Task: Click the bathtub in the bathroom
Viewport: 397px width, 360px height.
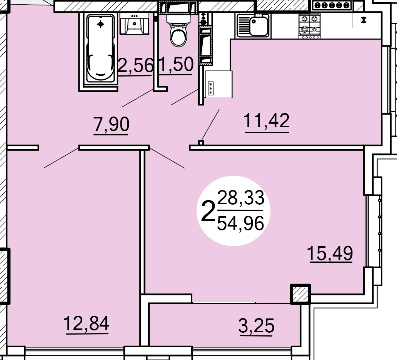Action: pyautogui.click(x=100, y=48)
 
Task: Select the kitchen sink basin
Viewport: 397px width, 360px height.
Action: pyautogui.click(x=259, y=26)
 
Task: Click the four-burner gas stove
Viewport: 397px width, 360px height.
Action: pyautogui.click(x=309, y=25)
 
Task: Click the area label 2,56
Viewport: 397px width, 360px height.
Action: pyautogui.click(x=135, y=65)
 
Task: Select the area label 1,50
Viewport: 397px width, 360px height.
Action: pyautogui.click(x=176, y=64)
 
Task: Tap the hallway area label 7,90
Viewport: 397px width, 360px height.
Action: pyautogui.click(x=111, y=124)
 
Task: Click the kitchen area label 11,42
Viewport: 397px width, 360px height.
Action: pyautogui.click(x=266, y=120)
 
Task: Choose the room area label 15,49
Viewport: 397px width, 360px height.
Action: pyautogui.click(x=330, y=253)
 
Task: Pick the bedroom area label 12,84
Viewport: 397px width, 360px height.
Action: pyautogui.click(x=86, y=323)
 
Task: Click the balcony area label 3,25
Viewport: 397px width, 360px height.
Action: pyautogui.click(x=256, y=325)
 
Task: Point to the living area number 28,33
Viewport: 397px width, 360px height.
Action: pyautogui.click(x=241, y=197)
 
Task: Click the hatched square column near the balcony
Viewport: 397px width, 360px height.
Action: pyautogui.click(x=300, y=294)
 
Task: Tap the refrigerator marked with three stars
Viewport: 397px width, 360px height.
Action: pyautogui.click(x=219, y=84)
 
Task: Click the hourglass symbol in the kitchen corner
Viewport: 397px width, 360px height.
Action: pyautogui.click(x=364, y=20)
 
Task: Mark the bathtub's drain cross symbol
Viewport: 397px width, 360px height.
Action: pyautogui.click(x=100, y=24)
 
